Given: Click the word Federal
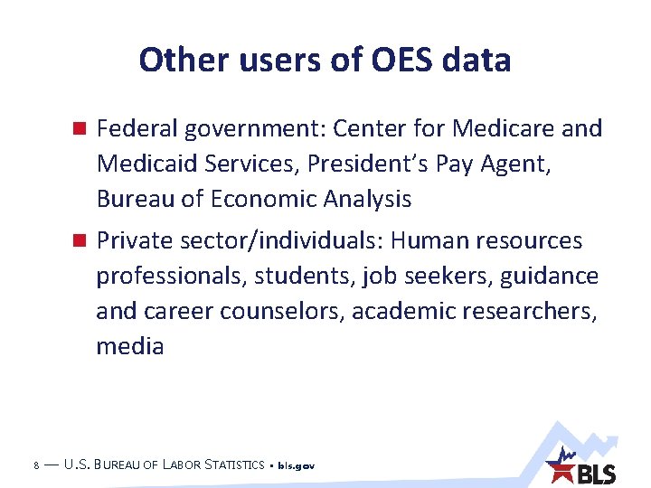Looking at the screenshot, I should (137, 128).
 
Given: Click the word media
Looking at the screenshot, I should (130, 346).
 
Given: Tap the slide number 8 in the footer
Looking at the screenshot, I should (34, 465).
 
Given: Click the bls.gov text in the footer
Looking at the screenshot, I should (296, 466).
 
